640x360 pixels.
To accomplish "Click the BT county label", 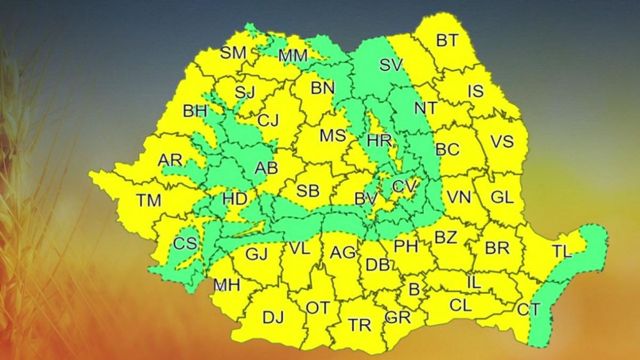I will coord(447,41).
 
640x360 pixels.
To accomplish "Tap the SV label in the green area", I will coord(391,65).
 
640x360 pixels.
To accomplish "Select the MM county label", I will coord(293,55).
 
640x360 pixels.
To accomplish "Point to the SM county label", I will coord(233,53).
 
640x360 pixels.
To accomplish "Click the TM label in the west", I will coord(148,201).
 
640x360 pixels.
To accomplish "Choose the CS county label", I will coord(185,244).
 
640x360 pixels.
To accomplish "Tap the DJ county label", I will coord(273,317).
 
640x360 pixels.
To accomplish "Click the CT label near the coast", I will coord(529,309).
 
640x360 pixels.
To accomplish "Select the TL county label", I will coord(562,252).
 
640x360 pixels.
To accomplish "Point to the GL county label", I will coord(502,197).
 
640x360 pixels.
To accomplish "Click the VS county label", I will coord(502,141).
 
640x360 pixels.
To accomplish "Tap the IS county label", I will coord(476,91).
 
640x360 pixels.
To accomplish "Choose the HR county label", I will coord(380,141).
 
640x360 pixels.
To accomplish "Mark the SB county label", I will coord(308,190).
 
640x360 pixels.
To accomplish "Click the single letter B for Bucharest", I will coord(414,290).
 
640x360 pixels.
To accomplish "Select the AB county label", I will coord(266,169).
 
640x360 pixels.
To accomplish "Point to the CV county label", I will coord(404,186).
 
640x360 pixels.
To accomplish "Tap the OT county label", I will coord(318,308).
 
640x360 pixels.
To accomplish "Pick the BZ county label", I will coord(446,237).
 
